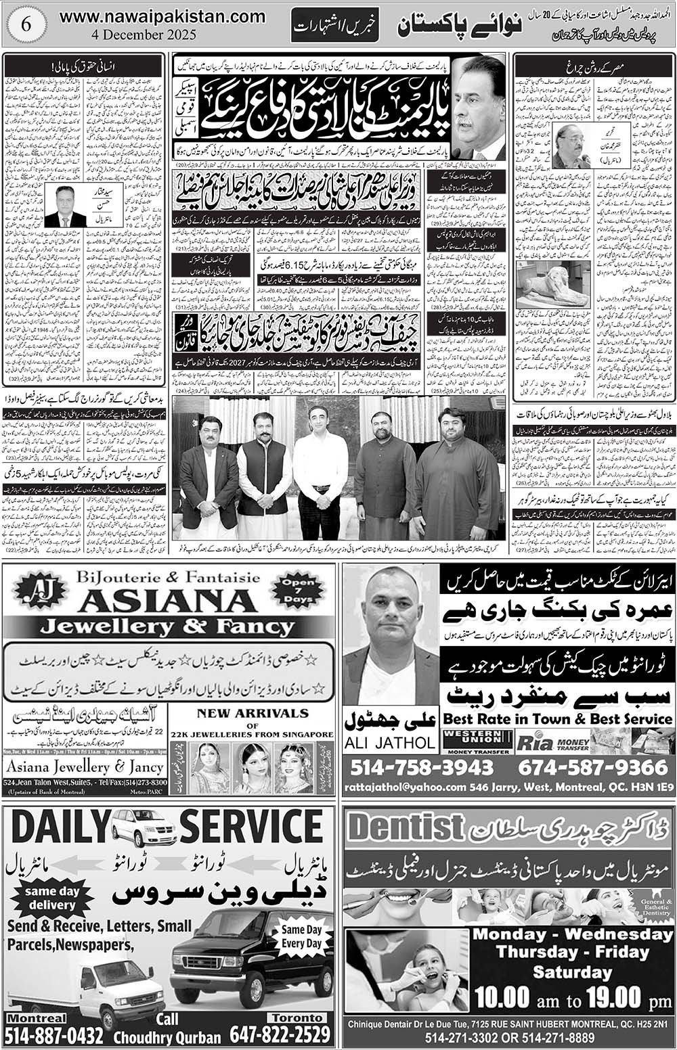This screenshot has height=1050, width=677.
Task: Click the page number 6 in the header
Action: (26, 23)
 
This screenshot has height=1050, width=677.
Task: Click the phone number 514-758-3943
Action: (423, 767)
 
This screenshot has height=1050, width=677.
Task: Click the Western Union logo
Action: (477, 741)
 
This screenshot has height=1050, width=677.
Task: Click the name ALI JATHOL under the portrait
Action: (390, 742)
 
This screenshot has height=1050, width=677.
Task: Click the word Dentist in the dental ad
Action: (405, 826)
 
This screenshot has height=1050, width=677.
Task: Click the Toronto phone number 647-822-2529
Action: (280, 1035)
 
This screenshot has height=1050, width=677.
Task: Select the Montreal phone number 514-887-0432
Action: (54, 1035)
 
